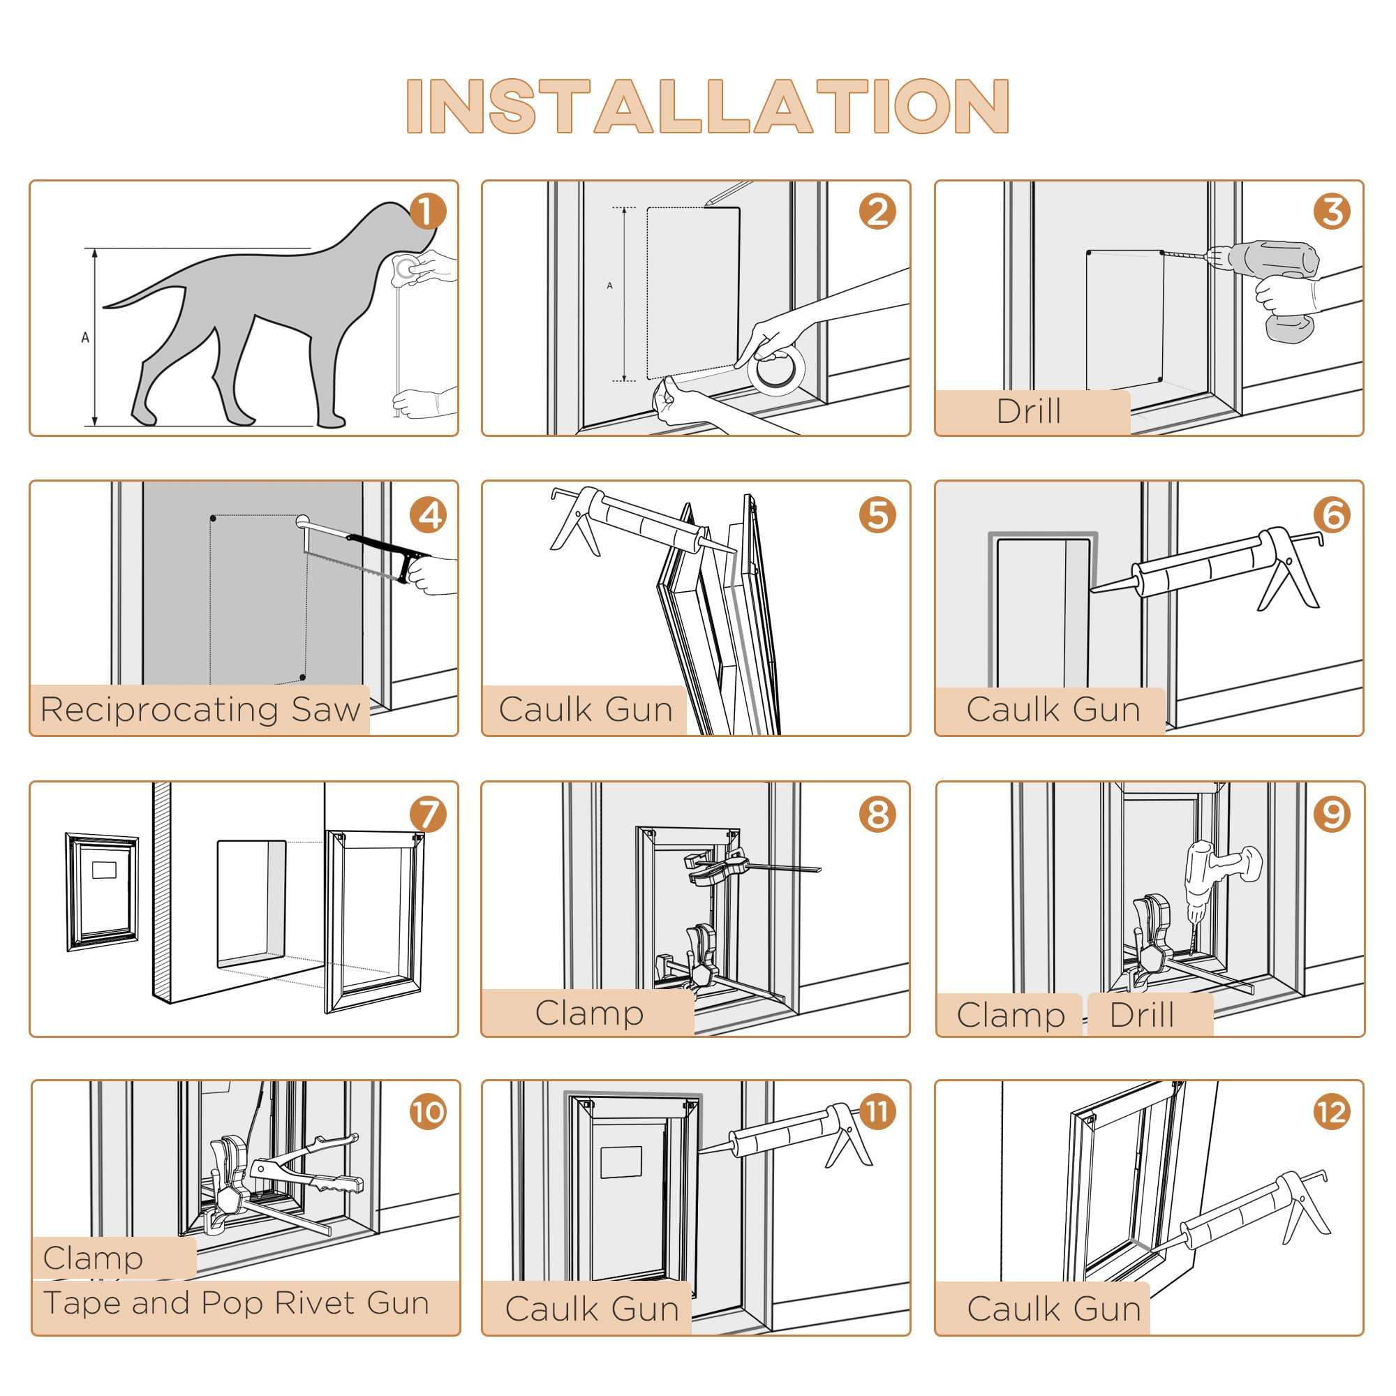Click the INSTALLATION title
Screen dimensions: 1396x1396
pos(706,106)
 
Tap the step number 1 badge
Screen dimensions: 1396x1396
pos(428,211)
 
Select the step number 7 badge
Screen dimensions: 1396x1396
pos(428,814)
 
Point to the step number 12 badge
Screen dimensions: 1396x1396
pos(1332,1112)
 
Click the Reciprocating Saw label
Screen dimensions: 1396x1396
pos(200,710)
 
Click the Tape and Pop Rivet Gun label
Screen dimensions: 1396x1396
pos(237,1302)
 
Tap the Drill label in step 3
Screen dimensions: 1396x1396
pos(1028,412)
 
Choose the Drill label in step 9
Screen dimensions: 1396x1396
pos(1141,1015)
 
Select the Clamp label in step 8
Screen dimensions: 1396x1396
pos(589,1013)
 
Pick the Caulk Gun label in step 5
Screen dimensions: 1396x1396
pos(586,710)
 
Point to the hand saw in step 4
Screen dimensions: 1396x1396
pos(362,553)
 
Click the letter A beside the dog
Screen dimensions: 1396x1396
pos(85,337)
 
